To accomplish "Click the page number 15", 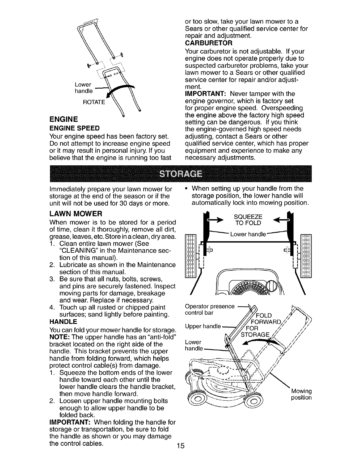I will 180,446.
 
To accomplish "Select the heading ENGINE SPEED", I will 75,129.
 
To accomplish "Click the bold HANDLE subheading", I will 64,321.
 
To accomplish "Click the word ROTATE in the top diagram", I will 93,102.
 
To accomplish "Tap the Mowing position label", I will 301,395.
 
